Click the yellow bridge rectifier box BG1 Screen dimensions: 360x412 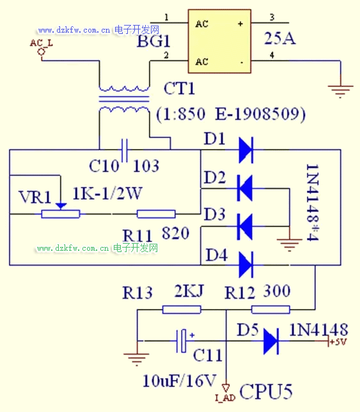(219, 41)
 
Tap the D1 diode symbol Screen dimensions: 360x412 (246, 150)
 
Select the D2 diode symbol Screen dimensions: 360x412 (245, 188)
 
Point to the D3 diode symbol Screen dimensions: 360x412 (245, 226)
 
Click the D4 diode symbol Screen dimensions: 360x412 (246, 265)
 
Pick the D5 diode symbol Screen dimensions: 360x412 (271, 341)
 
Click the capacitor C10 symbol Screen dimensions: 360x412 (125, 150)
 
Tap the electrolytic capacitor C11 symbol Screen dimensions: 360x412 (181, 341)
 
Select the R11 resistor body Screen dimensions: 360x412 (156, 214)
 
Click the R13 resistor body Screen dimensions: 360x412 (182, 310)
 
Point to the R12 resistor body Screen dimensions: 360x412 (270, 310)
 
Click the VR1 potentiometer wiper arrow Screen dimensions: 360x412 (61, 206)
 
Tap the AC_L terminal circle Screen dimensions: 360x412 (41, 52)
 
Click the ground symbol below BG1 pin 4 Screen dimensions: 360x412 (341, 91)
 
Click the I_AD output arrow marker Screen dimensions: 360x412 (226, 388)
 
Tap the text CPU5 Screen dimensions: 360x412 (266, 392)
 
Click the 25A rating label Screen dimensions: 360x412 (280, 38)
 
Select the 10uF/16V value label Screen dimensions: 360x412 (180, 381)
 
